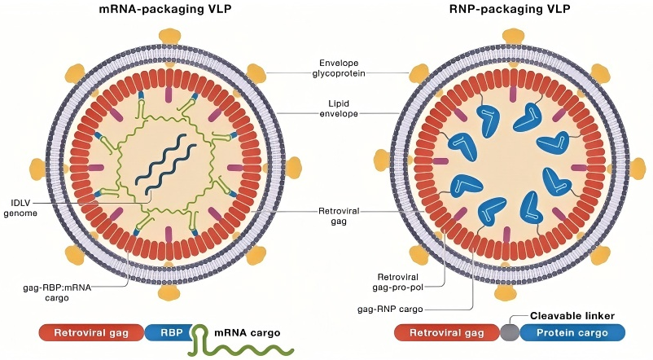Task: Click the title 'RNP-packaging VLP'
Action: pos(511,11)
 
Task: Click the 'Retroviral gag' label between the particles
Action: pos(338,215)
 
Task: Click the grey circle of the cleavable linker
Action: pos(510,332)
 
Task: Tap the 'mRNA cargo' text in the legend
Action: pos(246,332)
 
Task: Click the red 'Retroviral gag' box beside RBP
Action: pos(92,332)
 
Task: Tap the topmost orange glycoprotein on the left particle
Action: pos(170,37)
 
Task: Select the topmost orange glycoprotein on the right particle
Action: pos(512,37)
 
